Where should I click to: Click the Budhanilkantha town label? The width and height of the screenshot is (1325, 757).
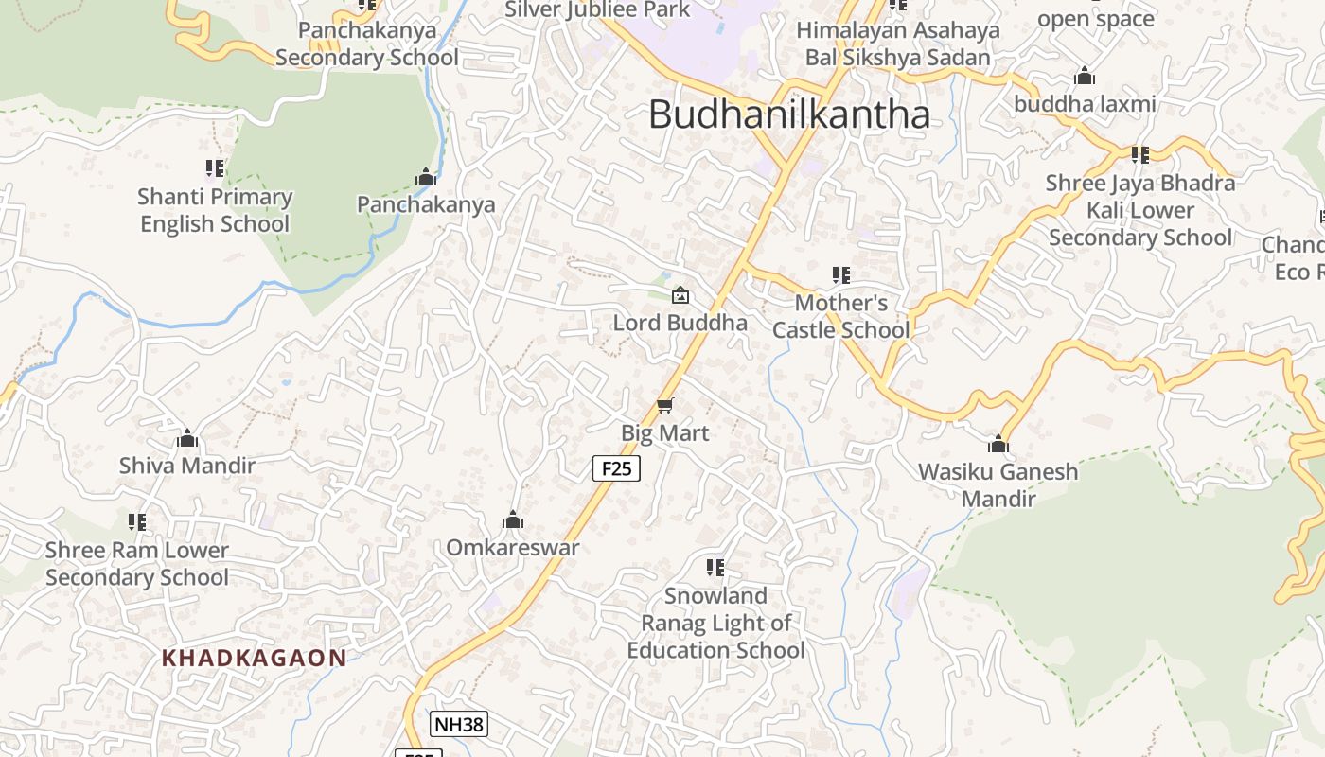pyautogui.click(x=788, y=114)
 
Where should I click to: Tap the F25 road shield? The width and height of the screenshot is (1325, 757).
pyautogui.click(x=616, y=467)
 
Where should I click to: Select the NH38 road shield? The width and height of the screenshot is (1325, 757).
pyautogui.click(x=458, y=725)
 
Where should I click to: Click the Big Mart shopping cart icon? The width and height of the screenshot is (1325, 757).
pyautogui.click(x=664, y=406)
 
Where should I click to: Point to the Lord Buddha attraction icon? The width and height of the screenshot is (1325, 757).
pyautogui.click(x=680, y=296)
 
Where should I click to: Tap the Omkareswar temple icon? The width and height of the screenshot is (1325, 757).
pyautogui.click(x=513, y=520)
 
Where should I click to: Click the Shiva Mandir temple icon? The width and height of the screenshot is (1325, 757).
pyautogui.click(x=187, y=438)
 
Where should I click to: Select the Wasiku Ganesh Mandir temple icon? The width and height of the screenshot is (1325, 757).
pyautogui.click(x=998, y=444)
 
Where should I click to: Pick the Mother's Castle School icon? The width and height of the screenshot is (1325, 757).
pyautogui.click(x=840, y=275)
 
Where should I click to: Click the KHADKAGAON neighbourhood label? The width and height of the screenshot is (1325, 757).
pyautogui.click(x=254, y=658)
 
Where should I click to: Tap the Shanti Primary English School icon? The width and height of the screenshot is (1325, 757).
pyautogui.click(x=215, y=168)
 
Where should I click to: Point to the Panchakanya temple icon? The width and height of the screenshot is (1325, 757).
pyautogui.click(x=426, y=177)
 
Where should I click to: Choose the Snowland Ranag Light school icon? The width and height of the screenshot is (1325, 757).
pyautogui.click(x=715, y=568)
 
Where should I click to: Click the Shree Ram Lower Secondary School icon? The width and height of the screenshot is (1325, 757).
pyautogui.click(x=137, y=522)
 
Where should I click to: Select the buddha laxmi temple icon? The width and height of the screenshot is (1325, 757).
pyautogui.click(x=1085, y=76)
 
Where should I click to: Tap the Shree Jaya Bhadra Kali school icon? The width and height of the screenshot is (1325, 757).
pyautogui.click(x=1140, y=154)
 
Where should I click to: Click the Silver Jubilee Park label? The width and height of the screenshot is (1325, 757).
pyautogui.click(x=597, y=9)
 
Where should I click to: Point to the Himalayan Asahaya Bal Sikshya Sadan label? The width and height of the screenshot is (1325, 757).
pyautogui.click(x=897, y=44)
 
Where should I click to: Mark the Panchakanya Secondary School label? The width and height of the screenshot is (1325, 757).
pyautogui.click(x=367, y=44)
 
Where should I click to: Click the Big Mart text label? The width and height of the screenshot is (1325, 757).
pyautogui.click(x=664, y=432)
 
